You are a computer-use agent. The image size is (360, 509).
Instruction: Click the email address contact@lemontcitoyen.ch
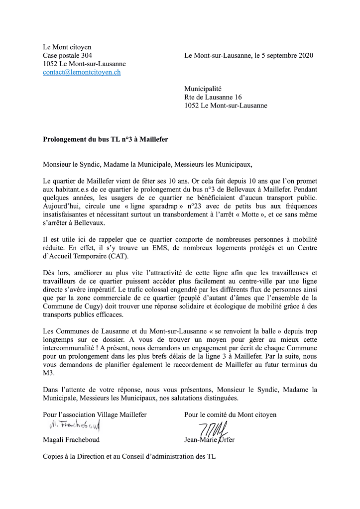[82, 73]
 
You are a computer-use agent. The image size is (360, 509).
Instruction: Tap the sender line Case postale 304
[67, 56]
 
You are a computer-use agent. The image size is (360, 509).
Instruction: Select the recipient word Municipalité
[203, 89]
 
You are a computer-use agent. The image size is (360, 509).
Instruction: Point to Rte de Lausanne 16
[213, 97]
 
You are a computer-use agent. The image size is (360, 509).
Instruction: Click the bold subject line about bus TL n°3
[106, 140]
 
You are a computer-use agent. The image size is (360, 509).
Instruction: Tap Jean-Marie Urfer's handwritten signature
[213, 428]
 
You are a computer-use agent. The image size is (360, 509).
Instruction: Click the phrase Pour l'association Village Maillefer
[95, 414]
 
